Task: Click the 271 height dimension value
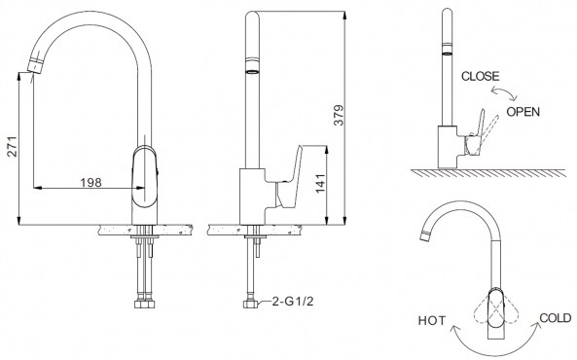[x=13, y=147]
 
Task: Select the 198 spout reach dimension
[x=90, y=182]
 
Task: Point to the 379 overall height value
[x=339, y=115]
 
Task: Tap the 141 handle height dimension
[x=320, y=183]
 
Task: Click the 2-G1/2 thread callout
[x=293, y=302]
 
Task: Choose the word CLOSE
[x=481, y=76]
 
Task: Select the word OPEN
[x=523, y=112]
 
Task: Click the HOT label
[x=432, y=321]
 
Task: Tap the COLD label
[x=556, y=317]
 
